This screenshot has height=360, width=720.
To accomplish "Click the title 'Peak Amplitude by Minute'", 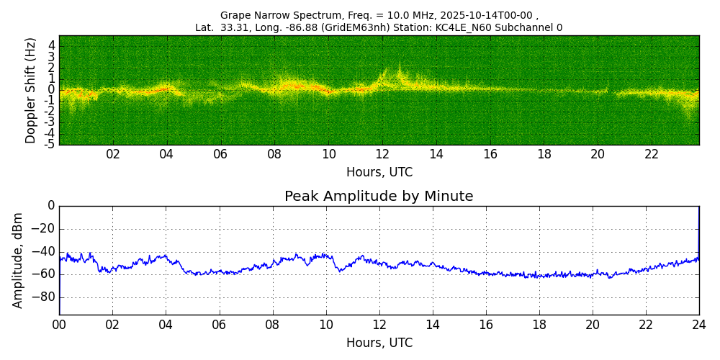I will (379, 197).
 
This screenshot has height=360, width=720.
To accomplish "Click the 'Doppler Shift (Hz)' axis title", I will (31, 91).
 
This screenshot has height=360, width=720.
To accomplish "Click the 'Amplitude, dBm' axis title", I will (19, 260).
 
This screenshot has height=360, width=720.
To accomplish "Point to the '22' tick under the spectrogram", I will (652, 154).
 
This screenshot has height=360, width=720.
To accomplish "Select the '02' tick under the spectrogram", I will (113, 154).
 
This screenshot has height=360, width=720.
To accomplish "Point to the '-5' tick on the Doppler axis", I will (50, 144).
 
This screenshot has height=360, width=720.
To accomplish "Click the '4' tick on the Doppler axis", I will (52, 45).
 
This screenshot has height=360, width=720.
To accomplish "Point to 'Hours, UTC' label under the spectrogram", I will (379, 173).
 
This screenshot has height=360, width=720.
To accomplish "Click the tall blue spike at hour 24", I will (698, 230).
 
